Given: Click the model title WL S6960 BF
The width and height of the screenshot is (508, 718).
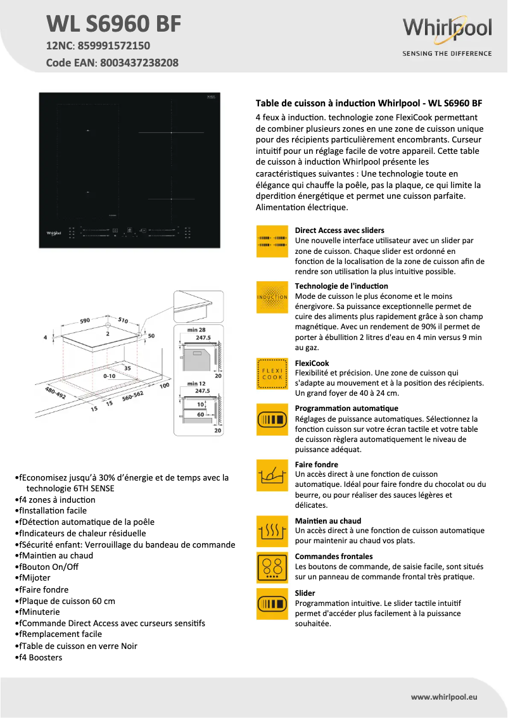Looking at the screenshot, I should [x=114, y=24].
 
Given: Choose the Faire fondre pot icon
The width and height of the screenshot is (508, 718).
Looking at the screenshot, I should [x=272, y=476].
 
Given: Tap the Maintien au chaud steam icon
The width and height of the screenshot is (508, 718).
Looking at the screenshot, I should [x=272, y=531].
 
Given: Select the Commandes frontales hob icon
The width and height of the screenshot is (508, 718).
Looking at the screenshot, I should [x=272, y=567].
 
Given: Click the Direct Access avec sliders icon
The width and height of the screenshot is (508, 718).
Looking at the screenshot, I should [x=272, y=241].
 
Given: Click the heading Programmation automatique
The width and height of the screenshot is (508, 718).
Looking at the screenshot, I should [x=346, y=408].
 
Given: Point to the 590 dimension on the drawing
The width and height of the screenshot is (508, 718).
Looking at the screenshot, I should [x=85, y=321].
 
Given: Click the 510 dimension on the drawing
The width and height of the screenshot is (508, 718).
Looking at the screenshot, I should [x=124, y=321].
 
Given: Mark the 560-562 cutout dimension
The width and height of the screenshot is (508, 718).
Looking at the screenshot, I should [x=133, y=396].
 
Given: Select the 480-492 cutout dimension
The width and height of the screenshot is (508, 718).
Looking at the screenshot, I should [x=55, y=393].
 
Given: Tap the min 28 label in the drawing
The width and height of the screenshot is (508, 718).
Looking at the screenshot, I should [x=198, y=330].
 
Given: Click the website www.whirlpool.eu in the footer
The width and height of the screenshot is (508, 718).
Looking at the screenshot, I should [x=444, y=696].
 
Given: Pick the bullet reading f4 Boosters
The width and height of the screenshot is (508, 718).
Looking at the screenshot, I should [x=40, y=657].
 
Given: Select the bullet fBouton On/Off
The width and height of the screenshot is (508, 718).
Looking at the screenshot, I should [x=48, y=567].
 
